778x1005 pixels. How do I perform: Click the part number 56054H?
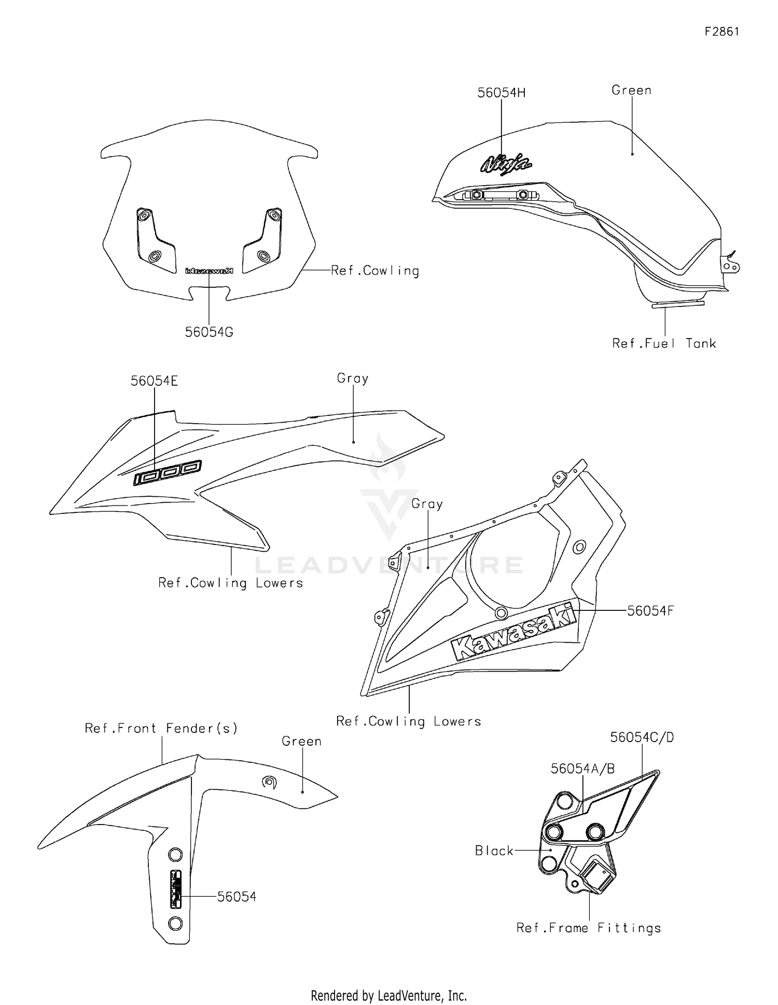click(x=501, y=93)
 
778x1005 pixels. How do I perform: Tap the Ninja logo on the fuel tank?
click(x=506, y=164)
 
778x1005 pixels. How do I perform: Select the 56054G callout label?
click(x=209, y=332)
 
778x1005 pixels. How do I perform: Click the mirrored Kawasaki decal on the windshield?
click(x=209, y=271)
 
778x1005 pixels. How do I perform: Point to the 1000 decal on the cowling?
click(x=168, y=472)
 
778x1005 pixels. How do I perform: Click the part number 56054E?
click(x=154, y=381)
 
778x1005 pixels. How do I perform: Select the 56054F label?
click(x=650, y=611)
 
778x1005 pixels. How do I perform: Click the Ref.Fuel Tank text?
click(x=664, y=343)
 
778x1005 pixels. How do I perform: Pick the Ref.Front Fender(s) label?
click(x=161, y=728)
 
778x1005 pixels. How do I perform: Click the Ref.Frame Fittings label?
click(x=589, y=928)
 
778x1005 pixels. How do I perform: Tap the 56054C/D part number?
click(x=642, y=737)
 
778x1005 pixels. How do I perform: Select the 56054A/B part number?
click(x=582, y=769)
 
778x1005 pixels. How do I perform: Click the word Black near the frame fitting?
click(x=494, y=850)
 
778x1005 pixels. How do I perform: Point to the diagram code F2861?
click(x=721, y=32)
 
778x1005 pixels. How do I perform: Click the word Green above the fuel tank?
click(x=631, y=90)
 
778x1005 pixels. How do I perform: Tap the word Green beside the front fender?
click(x=301, y=742)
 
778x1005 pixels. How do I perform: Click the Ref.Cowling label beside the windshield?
click(x=375, y=271)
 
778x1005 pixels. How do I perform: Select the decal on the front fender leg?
click(x=176, y=889)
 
